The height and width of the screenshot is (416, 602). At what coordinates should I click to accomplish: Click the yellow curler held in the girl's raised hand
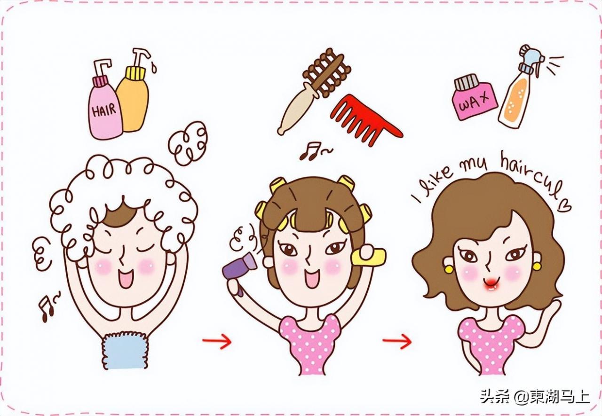coord(371,256)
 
